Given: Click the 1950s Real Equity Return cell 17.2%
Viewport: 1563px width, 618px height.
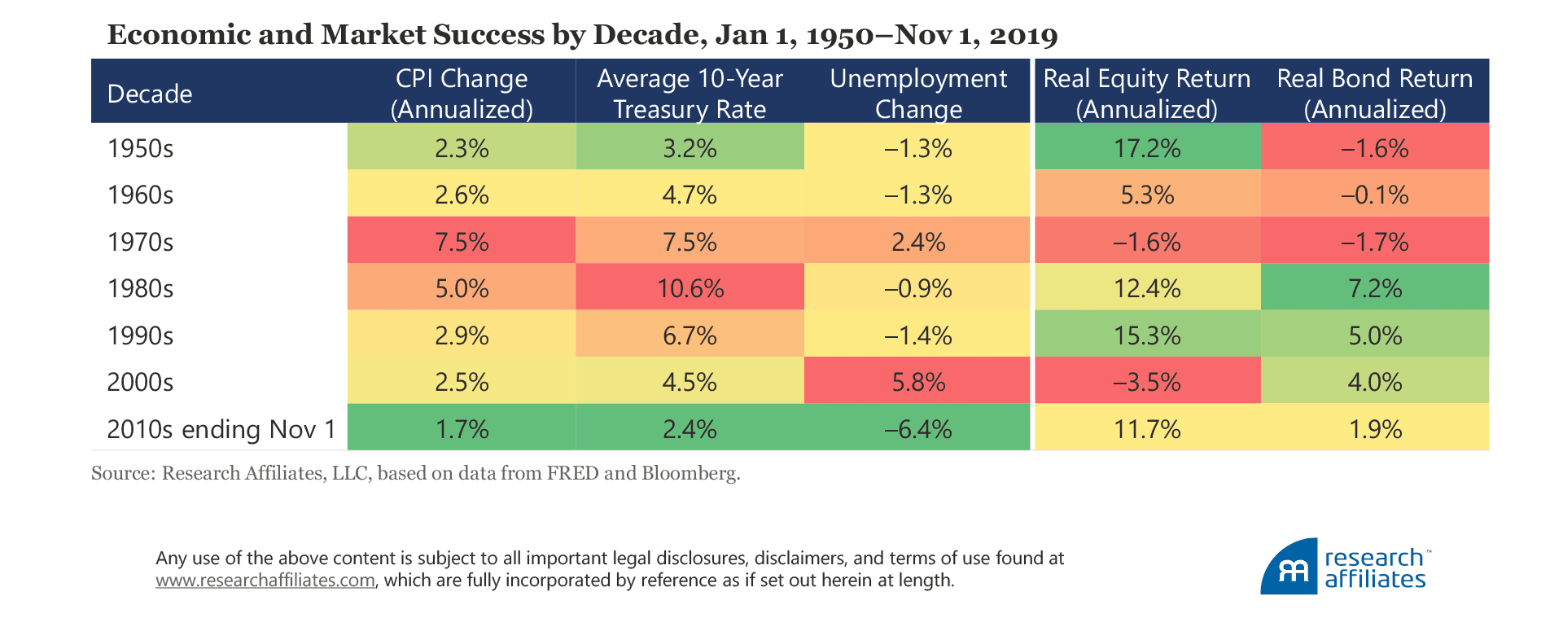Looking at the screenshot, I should tap(1147, 148).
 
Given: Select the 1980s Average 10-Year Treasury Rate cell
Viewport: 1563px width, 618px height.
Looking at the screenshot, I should tap(690, 288).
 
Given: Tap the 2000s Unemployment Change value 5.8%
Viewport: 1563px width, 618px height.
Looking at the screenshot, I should tap(918, 382).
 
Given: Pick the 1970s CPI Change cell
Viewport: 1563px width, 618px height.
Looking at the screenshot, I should tap(462, 242).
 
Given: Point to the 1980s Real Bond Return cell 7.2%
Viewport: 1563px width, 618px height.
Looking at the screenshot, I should tap(1375, 288).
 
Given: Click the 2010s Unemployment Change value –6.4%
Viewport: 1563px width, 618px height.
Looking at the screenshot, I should tap(918, 429).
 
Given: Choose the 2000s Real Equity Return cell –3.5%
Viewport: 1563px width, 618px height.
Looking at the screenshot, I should tap(1147, 382).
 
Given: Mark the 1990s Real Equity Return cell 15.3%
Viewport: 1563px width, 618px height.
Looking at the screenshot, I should tap(1147, 335).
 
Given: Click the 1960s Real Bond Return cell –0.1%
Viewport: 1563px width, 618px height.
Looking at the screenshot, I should tap(1375, 195).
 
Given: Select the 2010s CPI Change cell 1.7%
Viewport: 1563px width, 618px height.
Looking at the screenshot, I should tap(462, 429).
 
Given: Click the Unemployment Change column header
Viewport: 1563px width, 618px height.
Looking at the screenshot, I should tap(918, 94).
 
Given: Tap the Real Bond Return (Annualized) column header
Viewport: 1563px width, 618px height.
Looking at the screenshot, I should tap(1375, 94).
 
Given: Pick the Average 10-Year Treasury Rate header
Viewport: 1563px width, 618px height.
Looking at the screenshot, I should tap(690, 94).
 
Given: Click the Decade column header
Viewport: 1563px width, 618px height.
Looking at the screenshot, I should tap(150, 94).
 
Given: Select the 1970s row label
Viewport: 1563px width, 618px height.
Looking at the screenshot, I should tap(140, 242).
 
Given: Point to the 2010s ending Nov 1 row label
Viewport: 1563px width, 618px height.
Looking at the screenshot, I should tap(221, 429).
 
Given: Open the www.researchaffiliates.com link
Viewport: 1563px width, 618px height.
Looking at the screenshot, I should tap(265, 581).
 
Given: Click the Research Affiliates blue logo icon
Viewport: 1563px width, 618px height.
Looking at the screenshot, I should tap(1289, 568).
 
